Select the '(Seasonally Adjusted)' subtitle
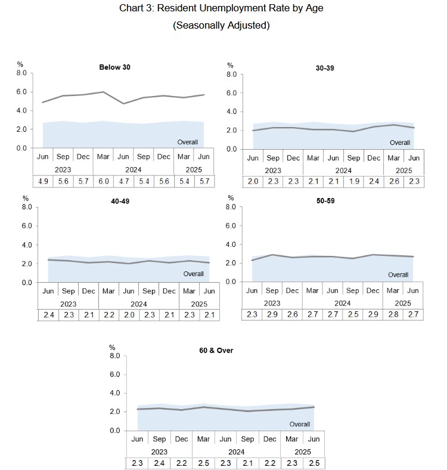223,25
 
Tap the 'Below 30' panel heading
114,67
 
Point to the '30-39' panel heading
325,68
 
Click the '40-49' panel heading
120,201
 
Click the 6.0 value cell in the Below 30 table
103,181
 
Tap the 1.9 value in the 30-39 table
353,182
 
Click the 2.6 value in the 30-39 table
394,182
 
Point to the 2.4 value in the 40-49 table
48,316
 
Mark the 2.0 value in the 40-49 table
129,316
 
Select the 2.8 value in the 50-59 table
393,315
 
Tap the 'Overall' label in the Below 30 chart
188,141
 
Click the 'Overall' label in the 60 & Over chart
300,424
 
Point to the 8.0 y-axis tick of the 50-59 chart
231,206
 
